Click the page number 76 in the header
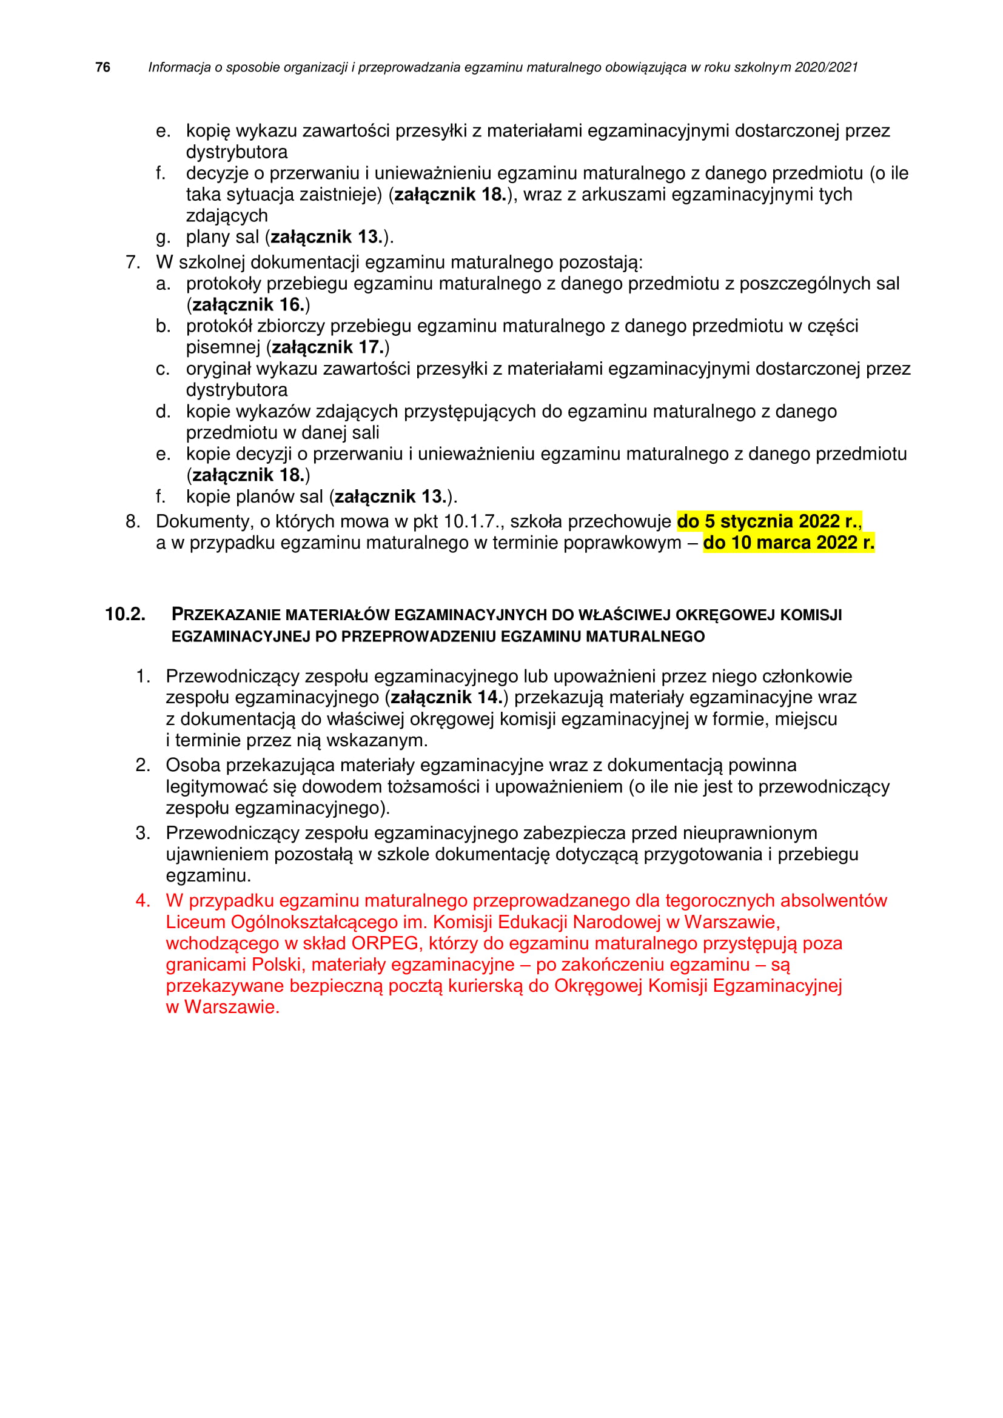click(102, 67)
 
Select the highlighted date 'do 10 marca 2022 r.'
click(788, 543)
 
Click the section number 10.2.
click(125, 615)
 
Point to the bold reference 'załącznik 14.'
click(446, 697)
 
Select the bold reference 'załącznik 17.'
click(327, 348)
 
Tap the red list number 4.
click(143, 901)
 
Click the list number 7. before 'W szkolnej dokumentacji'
click(133, 263)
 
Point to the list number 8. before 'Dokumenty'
click(133, 522)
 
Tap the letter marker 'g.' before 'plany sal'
click(163, 237)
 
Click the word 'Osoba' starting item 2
click(193, 765)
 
